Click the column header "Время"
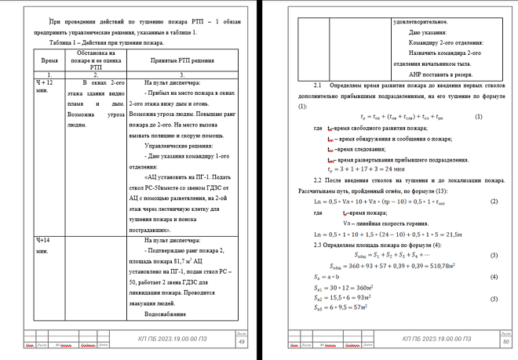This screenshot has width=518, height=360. tap(49, 59)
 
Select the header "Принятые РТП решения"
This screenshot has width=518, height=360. tap(182, 59)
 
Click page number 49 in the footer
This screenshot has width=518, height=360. tap(241, 342)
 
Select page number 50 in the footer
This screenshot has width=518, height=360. tap(505, 342)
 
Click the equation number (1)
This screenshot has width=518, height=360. tap(478, 117)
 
